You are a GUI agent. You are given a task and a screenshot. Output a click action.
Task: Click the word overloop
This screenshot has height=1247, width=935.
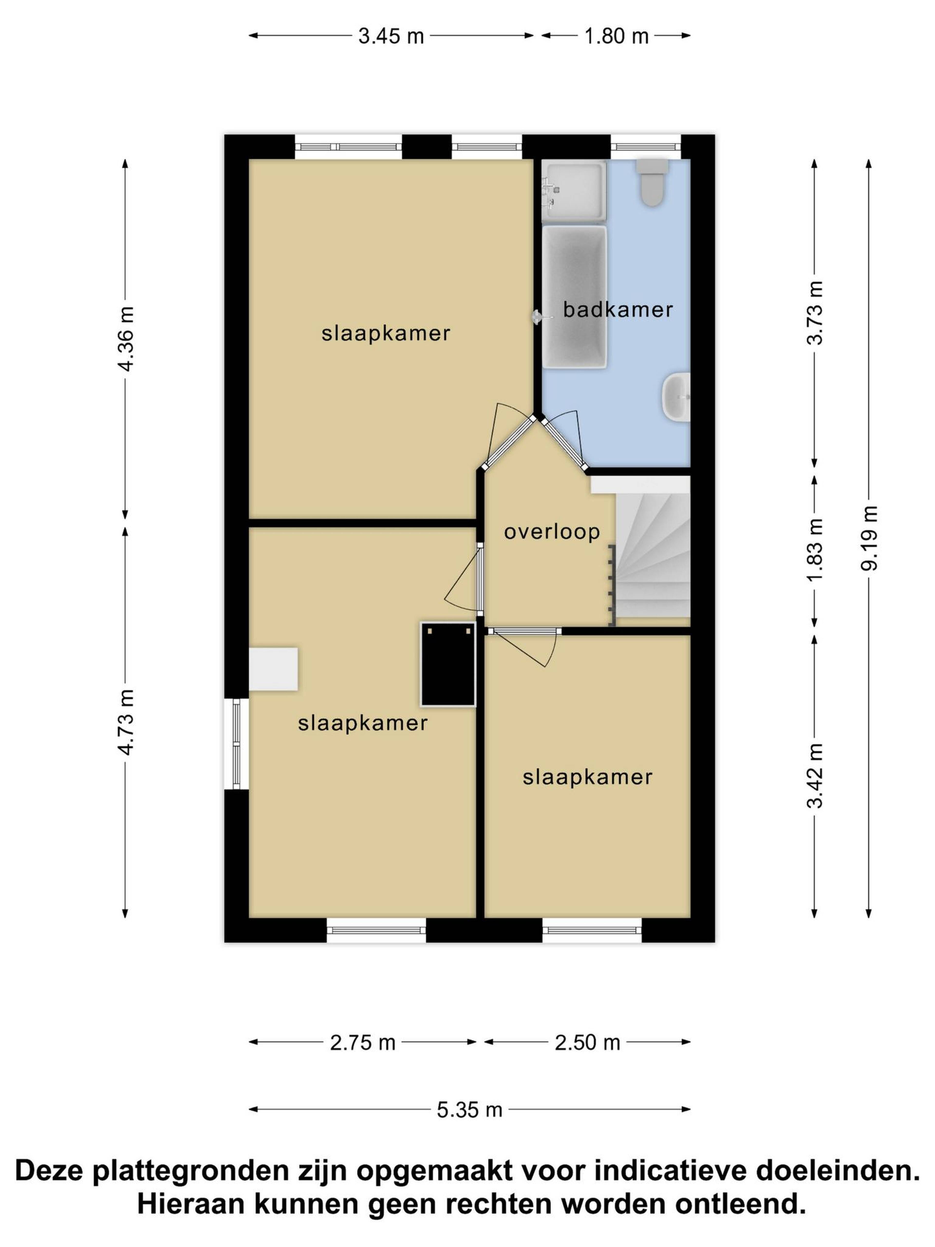pos(552,532)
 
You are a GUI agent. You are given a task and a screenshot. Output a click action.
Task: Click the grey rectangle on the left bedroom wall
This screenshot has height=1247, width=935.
pos(273,669)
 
